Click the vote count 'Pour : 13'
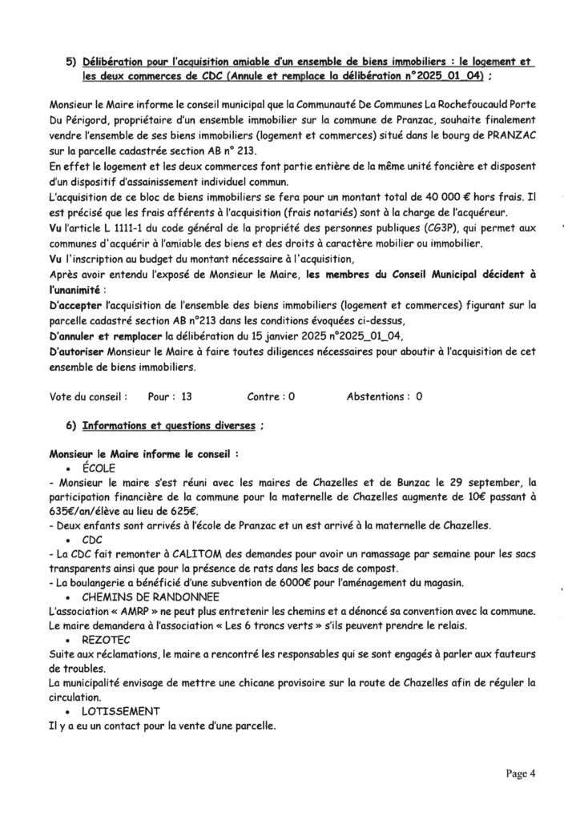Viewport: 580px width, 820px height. coord(170,396)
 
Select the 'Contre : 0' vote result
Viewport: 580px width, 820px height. coord(272,396)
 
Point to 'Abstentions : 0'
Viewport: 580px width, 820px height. coord(385,396)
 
